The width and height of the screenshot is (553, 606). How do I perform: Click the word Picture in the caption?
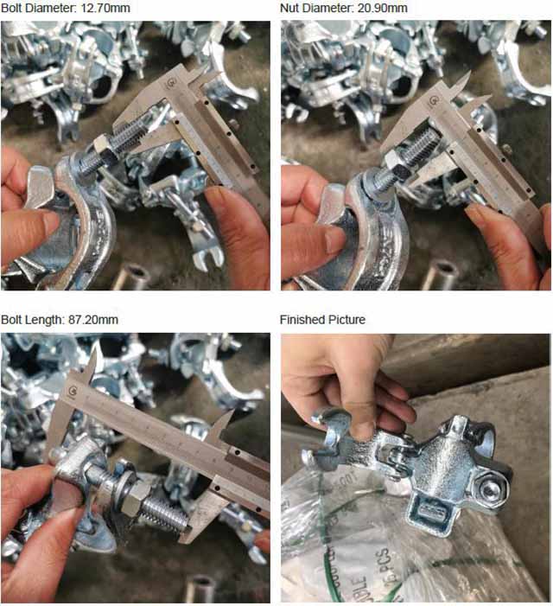346,320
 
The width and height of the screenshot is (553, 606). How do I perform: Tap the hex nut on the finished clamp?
490,490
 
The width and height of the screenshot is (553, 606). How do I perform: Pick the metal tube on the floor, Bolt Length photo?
199,590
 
